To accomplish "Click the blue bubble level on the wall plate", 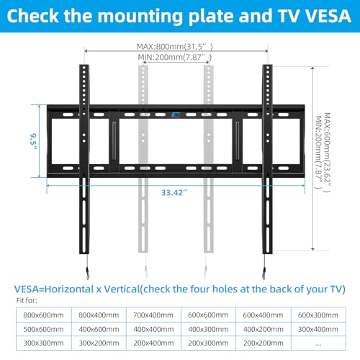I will [175, 112].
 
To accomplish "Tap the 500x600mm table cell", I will [42, 329].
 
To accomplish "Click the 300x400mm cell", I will [316, 329].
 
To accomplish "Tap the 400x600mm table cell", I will [97, 329].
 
